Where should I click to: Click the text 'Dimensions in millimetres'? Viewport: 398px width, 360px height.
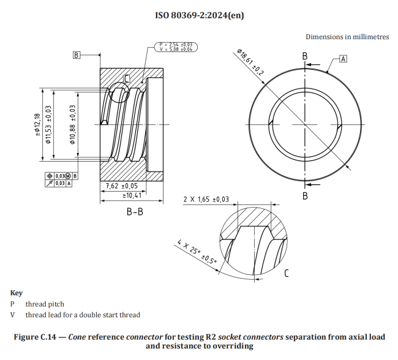point(347,37)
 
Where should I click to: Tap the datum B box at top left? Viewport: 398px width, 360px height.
point(77,55)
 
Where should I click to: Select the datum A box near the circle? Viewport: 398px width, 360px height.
point(343,59)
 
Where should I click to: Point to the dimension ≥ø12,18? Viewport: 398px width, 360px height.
point(37,127)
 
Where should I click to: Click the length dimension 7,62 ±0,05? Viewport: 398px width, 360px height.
point(122,186)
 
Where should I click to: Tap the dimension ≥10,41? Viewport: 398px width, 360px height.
point(131,195)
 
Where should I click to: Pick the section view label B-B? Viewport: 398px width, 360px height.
point(135,212)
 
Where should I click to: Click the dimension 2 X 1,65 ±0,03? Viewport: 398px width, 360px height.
point(206,199)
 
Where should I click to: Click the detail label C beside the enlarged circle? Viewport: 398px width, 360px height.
point(286,273)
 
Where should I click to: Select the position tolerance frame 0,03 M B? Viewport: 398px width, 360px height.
point(59,176)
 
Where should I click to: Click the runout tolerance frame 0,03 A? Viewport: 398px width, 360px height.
point(59,182)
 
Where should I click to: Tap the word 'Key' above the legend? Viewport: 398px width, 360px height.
point(17,293)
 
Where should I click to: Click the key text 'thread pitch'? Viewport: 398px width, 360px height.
point(45,304)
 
